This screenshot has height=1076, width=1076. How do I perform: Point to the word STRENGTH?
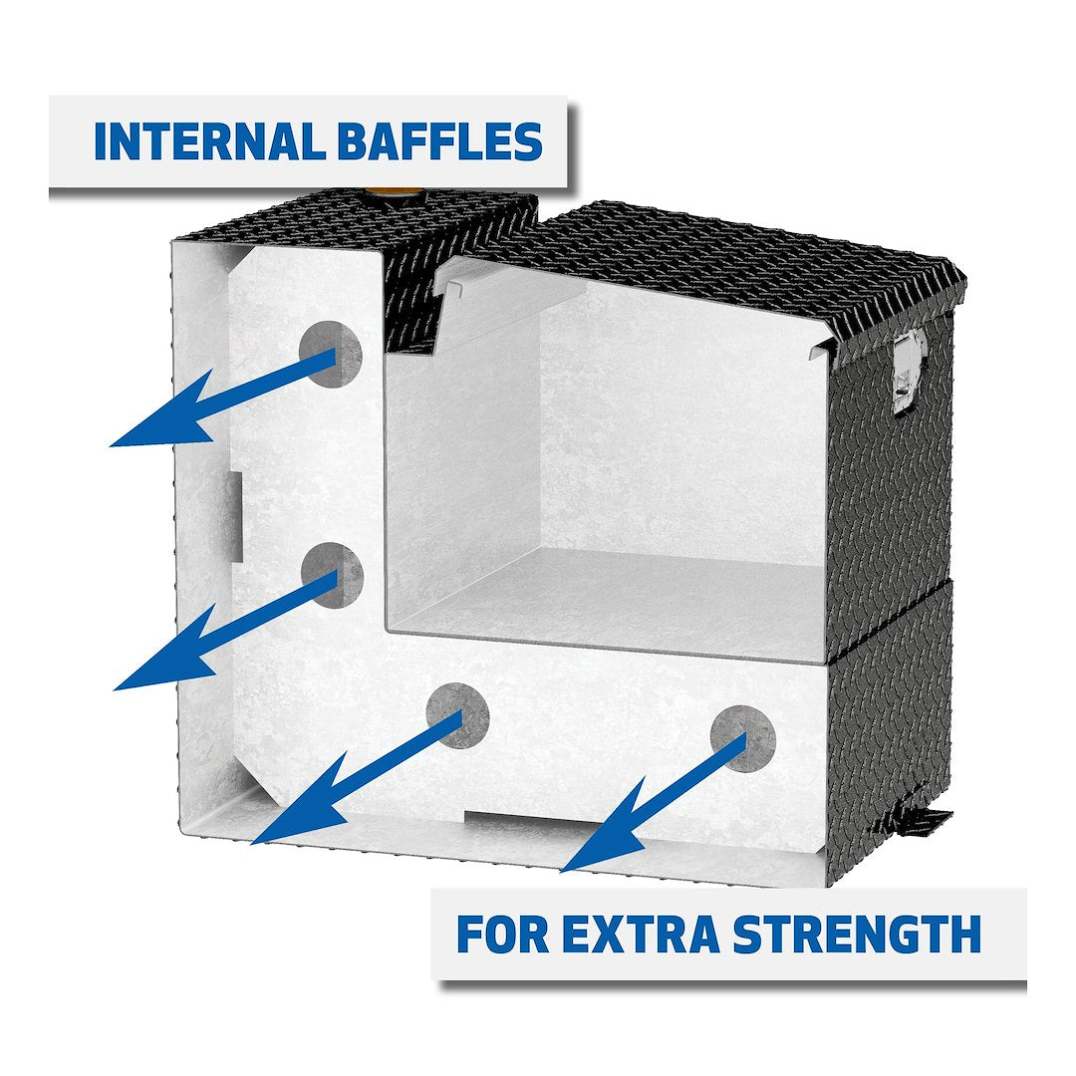[x=857, y=935]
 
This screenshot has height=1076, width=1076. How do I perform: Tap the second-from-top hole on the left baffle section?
[x=333, y=575]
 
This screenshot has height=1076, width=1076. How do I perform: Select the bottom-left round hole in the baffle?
[x=458, y=714]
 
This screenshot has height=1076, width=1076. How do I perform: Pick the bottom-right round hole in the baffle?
[x=743, y=736]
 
